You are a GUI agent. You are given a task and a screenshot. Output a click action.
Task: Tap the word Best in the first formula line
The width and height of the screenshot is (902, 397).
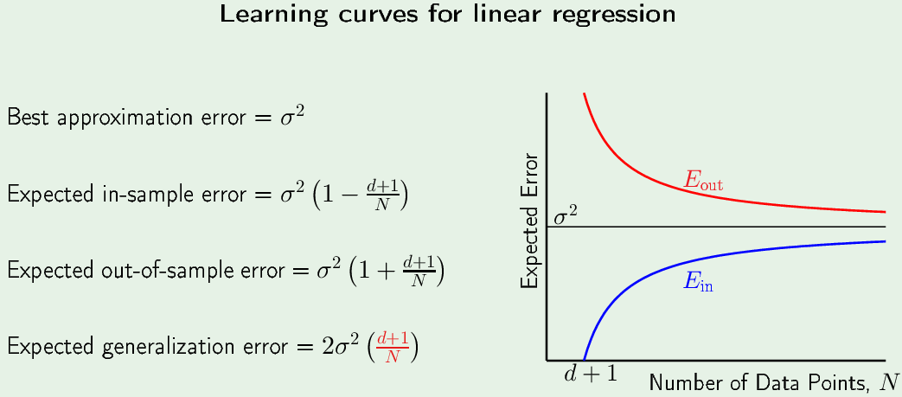[x=27, y=117]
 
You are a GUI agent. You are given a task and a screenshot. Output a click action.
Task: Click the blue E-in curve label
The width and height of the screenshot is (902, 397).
[x=698, y=282]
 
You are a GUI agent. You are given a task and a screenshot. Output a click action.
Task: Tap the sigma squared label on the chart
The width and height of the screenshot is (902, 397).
[x=565, y=217]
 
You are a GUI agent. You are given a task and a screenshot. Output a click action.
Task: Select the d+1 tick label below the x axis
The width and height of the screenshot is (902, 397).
[x=590, y=374]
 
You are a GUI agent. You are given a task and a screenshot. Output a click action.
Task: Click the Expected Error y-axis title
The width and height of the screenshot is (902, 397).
[x=530, y=221]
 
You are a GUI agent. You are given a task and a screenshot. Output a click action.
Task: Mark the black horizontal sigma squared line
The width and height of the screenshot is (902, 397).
[x=715, y=227]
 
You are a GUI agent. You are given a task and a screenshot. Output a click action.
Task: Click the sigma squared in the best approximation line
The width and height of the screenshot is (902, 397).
[x=291, y=116]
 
